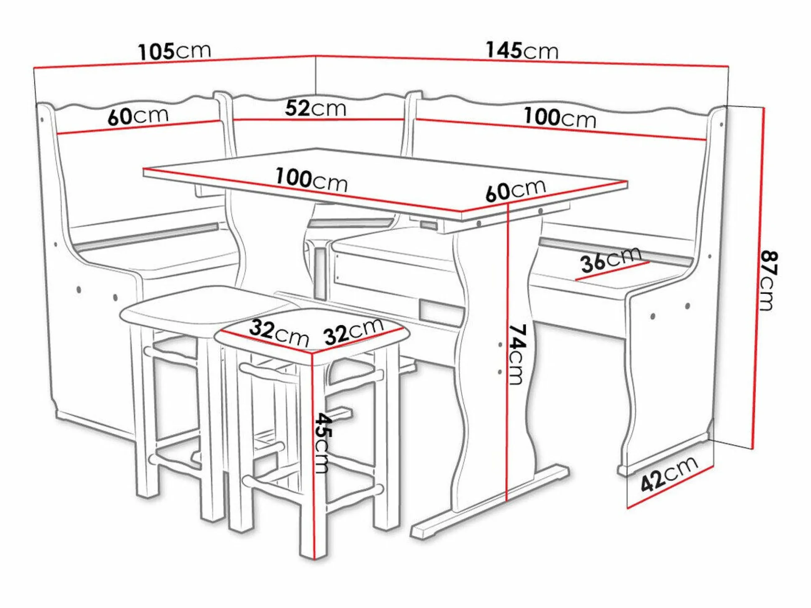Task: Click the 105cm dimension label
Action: [175, 51]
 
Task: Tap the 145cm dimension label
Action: [522, 51]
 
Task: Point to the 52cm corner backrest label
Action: [316, 108]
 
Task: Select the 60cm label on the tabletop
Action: [515, 190]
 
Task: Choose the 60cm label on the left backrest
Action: [138, 116]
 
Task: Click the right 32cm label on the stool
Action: [354, 331]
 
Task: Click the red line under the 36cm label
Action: [612, 271]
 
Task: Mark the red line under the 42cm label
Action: [670, 487]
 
